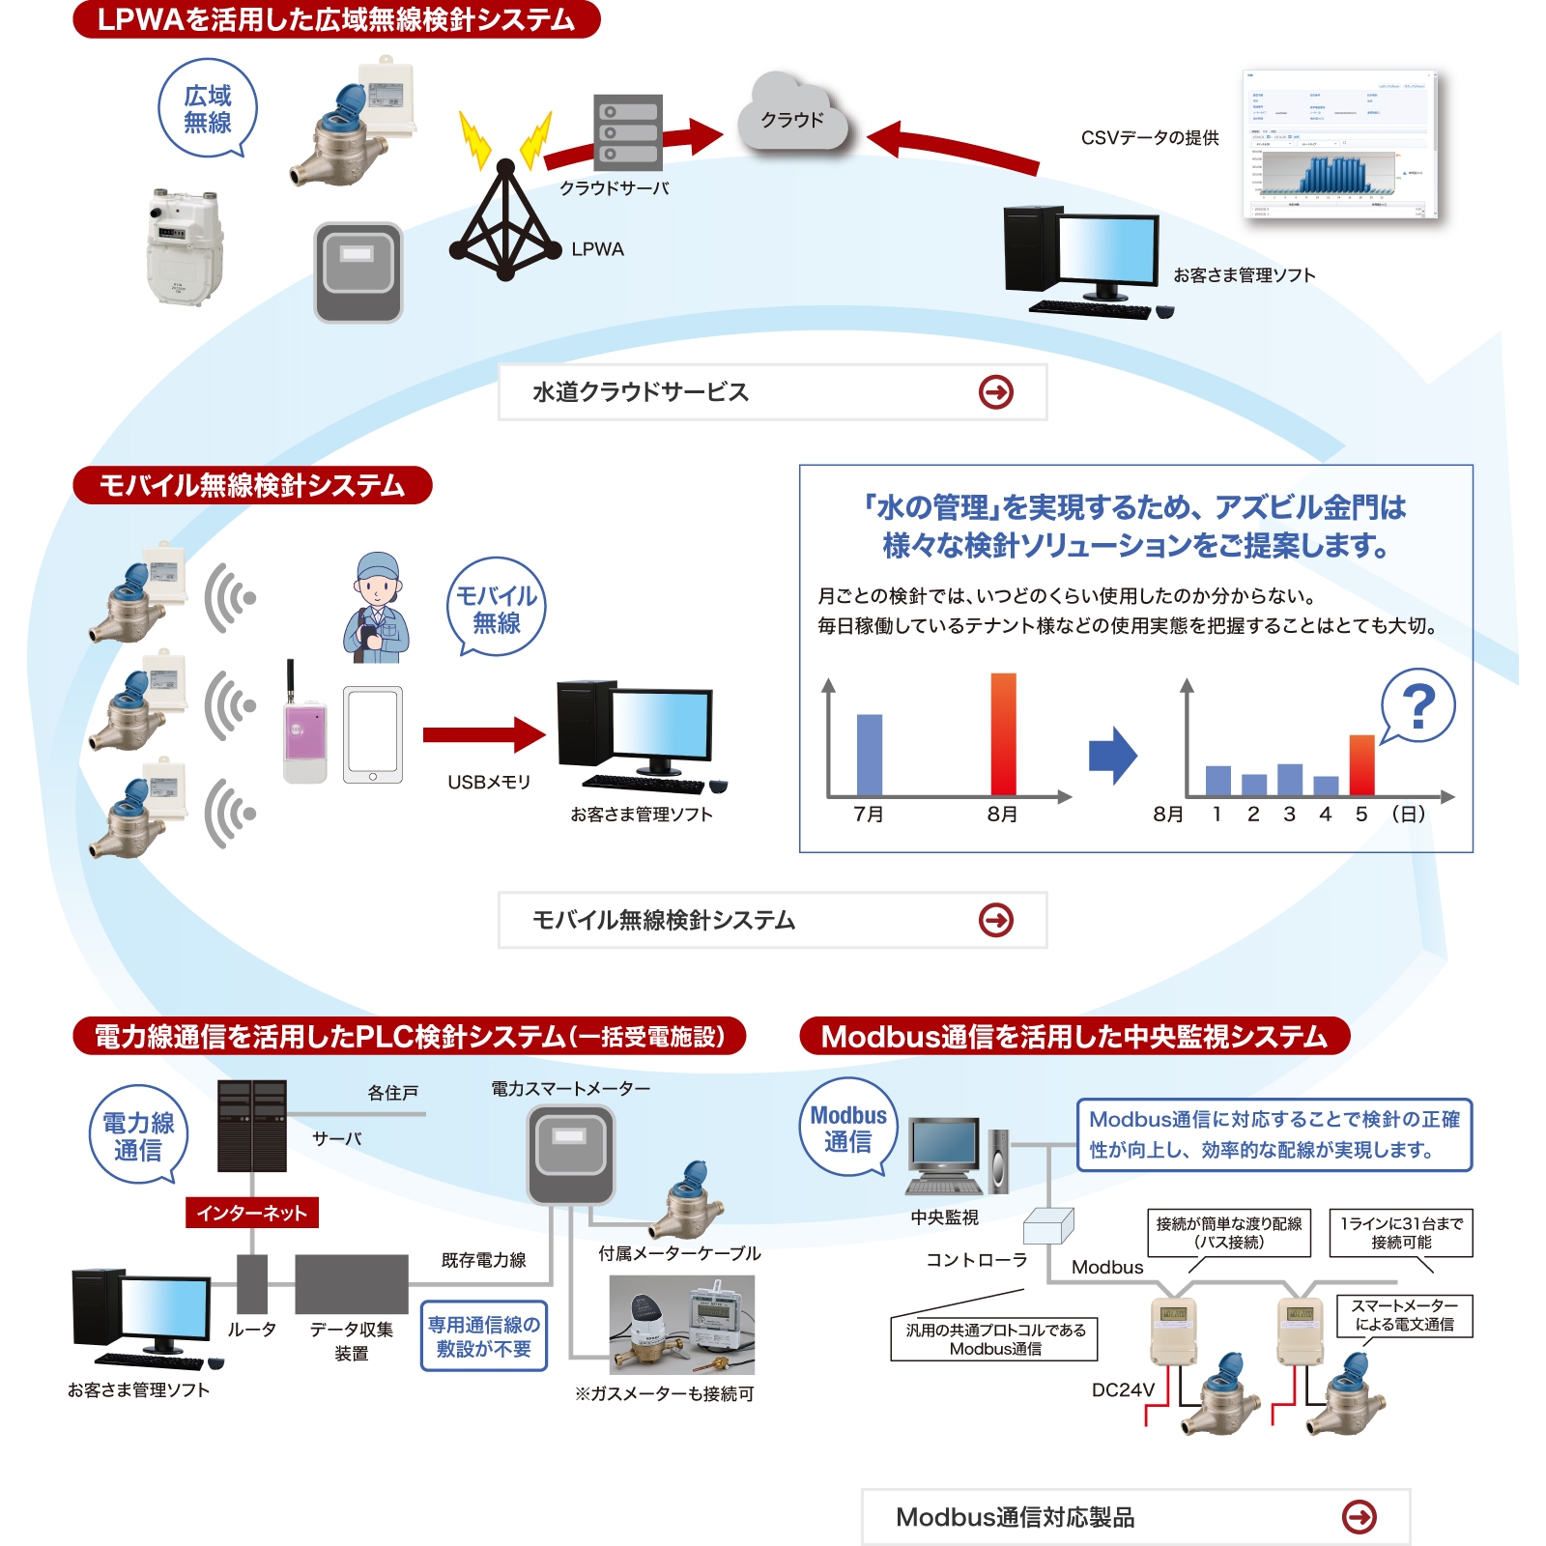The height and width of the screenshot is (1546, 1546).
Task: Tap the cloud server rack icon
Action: [x=628, y=131]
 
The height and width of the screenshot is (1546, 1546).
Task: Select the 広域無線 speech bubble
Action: [x=208, y=108]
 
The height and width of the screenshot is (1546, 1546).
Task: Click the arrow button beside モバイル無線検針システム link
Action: [x=996, y=920]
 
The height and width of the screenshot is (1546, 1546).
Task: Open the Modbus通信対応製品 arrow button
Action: [x=1360, y=1517]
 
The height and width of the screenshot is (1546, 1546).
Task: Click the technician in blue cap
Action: [x=377, y=609]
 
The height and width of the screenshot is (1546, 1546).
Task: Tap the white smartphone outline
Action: [x=373, y=735]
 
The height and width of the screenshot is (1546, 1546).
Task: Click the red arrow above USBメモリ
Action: [x=483, y=735]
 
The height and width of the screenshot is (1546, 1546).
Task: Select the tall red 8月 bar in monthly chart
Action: [x=1003, y=734]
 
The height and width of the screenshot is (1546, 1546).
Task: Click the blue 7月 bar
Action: [x=870, y=754]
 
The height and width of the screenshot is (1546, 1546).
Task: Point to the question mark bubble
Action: [x=1417, y=705]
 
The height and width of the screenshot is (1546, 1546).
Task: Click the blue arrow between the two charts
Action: [x=1112, y=755]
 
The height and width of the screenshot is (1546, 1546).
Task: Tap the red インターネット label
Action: [x=251, y=1213]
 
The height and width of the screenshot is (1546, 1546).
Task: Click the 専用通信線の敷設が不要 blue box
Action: [x=484, y=1336]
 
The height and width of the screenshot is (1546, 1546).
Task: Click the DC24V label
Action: [x=1123, y=1389]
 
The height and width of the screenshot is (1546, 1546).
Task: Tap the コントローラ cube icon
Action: [x=1048, y=1226]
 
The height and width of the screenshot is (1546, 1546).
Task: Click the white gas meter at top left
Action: [x=184, y=246]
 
